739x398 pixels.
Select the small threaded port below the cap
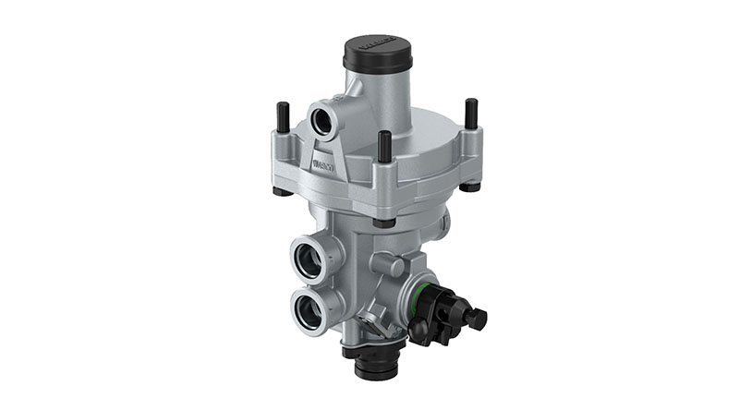tap(326, 118)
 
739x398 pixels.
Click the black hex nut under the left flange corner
tap(280, 191)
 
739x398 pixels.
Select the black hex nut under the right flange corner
tap(470, 186)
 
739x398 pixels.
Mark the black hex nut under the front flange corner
tap(382, 222)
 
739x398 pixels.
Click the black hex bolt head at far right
tap(477, 319)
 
